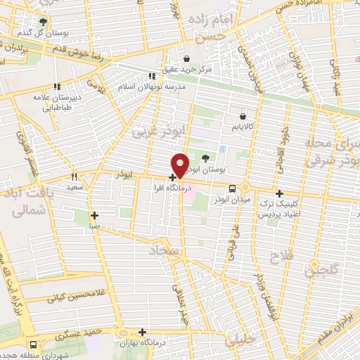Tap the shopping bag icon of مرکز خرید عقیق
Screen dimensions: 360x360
186,59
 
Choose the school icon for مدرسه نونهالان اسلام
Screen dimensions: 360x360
151,77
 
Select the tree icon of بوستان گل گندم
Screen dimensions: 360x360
44,22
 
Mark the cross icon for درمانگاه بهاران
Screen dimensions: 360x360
143,332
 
